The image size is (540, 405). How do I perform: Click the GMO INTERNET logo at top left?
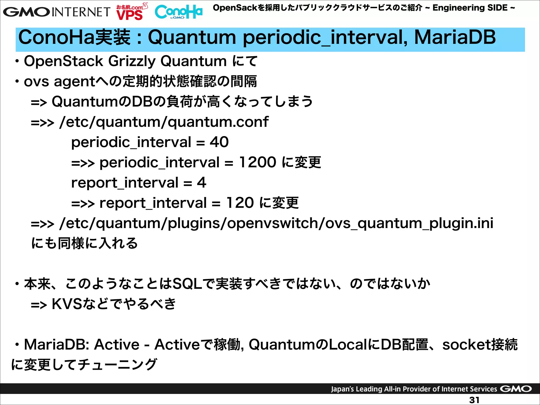[56, 12]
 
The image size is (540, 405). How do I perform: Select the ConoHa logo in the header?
[179, 12]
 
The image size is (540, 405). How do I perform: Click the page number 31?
[474, 400]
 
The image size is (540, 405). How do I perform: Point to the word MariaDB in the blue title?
[455, 37]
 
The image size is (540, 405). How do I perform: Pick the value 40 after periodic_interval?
[219, 142]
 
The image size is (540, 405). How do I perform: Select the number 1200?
[257, 162]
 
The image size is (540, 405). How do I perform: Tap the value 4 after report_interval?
[201, 182]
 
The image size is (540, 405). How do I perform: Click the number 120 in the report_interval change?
[240, 203]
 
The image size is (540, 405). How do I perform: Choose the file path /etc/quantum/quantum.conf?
[164, 122]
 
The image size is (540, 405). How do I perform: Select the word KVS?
[67, 304]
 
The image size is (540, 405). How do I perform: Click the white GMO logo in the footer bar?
[516, 389]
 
